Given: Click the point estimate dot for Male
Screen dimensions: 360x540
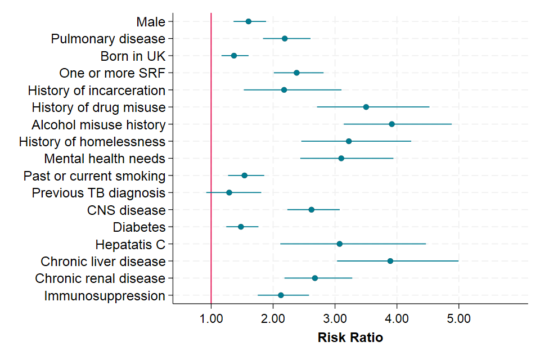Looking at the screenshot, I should [249, 21].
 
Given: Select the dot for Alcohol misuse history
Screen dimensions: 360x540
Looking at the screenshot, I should [391, 124].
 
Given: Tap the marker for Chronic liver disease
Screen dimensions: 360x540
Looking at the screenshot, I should [390, 261].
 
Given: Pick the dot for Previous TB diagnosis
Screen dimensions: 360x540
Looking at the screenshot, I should [229, 192].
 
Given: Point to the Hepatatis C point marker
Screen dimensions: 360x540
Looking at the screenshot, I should [339, 244].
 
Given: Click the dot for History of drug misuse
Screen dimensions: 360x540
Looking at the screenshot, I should [366, 107].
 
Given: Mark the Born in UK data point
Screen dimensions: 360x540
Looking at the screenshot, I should [234, 56].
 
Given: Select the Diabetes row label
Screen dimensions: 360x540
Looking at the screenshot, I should [139, 227].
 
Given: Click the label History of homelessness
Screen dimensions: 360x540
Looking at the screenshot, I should [92, 141].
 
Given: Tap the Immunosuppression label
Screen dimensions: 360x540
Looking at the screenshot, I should [105, 296].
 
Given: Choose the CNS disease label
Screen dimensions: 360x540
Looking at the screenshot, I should [127, 210].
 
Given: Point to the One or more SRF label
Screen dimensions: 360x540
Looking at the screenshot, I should [112, 73].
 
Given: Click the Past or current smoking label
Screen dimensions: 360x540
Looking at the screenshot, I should [94, 176].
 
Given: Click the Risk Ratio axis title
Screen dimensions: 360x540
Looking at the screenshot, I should [350, 338].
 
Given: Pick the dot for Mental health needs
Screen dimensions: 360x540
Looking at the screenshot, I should [341, 159].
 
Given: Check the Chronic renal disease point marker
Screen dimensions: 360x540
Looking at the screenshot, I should [315, 278].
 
